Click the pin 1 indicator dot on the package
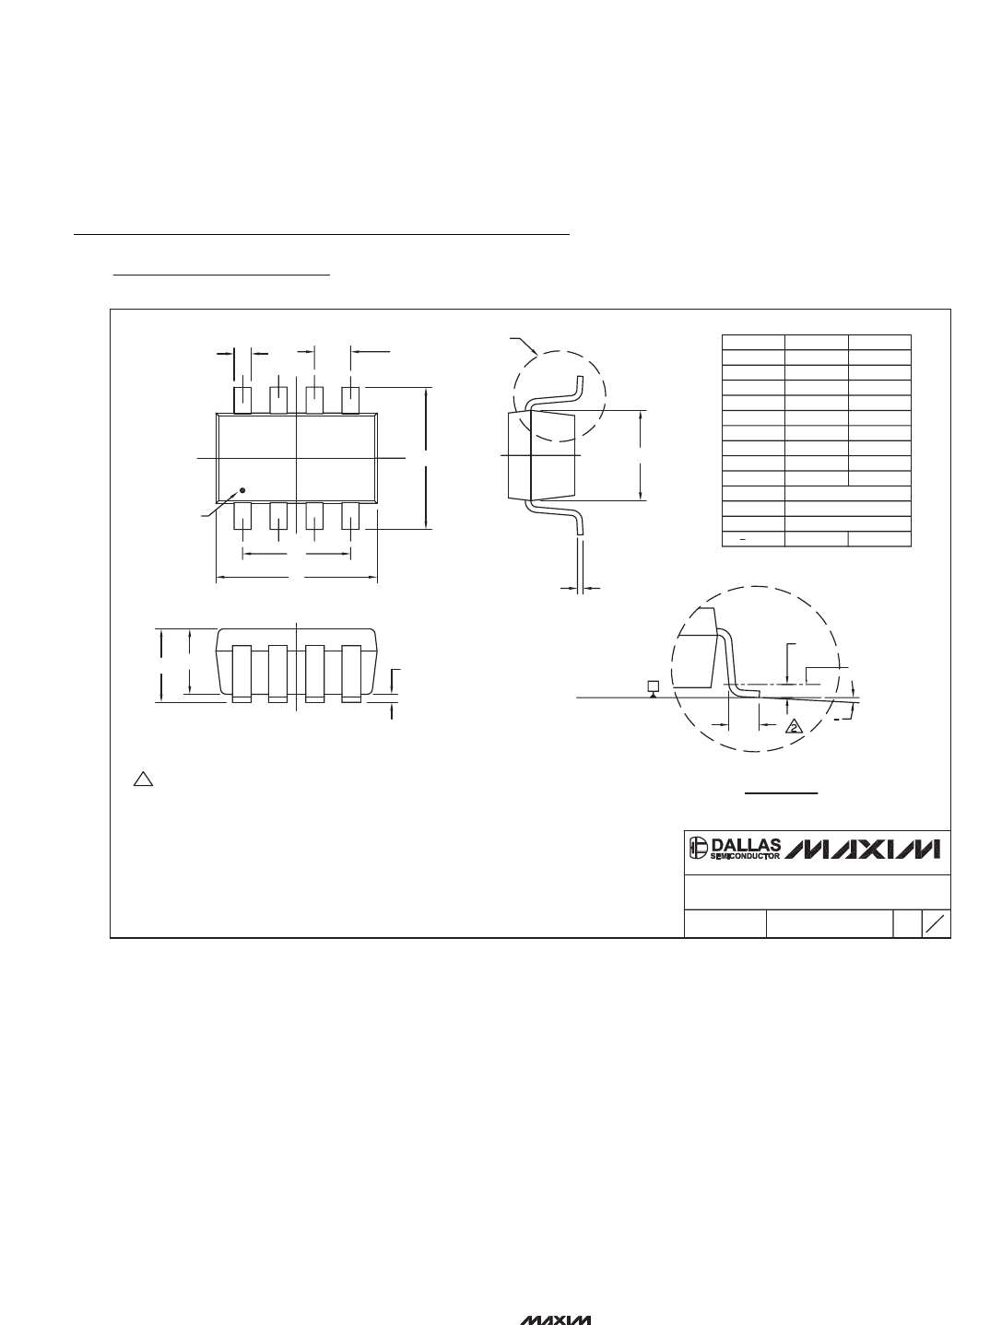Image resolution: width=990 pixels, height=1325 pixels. [242, 490]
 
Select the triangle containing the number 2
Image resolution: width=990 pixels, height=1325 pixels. [794, 727]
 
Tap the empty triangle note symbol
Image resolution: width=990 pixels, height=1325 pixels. [143, 779]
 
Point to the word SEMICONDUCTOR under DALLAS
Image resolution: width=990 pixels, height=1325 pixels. [745, 856]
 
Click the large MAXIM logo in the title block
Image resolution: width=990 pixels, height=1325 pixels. [863, 849]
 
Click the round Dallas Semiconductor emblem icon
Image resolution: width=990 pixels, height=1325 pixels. [699, 848]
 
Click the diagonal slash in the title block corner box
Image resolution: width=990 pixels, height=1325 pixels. [937, 923]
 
